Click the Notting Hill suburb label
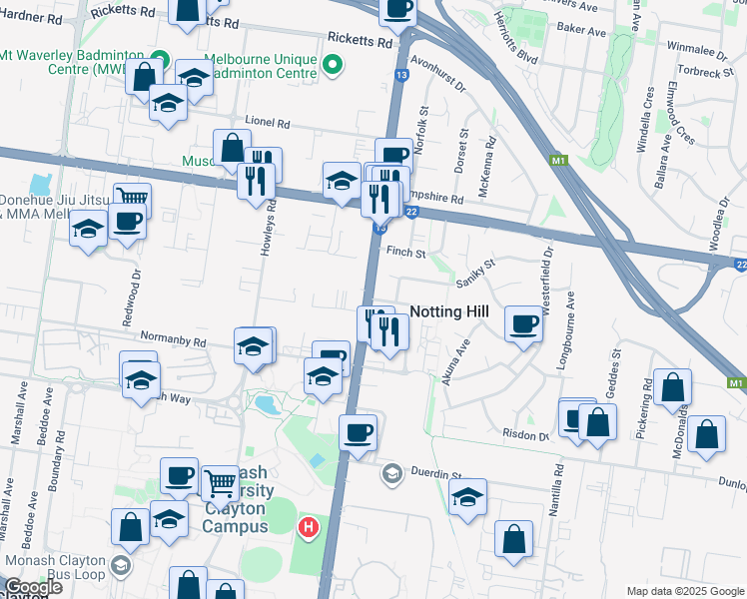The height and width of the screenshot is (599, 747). coord(449,311)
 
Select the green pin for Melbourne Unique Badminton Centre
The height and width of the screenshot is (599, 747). coord(334,66)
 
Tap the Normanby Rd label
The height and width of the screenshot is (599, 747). coord(173,340)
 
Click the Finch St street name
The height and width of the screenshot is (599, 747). coord(406,254)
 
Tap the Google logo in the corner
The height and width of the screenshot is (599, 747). coord(32,587)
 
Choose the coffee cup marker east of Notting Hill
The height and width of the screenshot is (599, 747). coord(523,323)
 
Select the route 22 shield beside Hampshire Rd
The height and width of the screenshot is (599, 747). coord(410,212)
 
